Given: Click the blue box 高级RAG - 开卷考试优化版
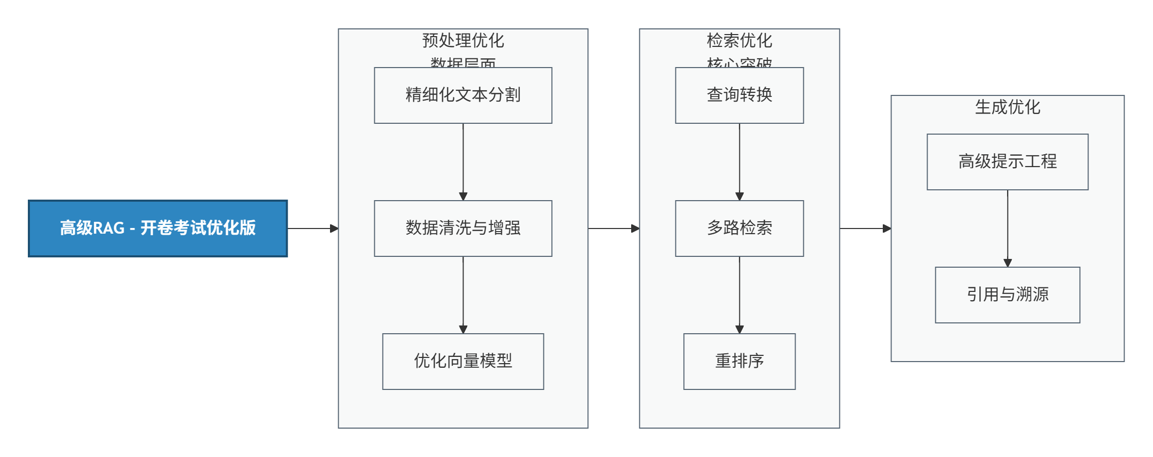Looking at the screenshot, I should click(158, 228).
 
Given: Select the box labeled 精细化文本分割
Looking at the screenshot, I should click(463, 95).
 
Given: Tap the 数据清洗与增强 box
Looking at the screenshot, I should click(463, 228).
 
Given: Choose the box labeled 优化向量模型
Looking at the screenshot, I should click(463, 361).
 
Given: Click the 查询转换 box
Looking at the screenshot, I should click(739, 95).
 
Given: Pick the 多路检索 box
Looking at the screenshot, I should click(739, 228).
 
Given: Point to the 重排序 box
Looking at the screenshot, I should click(739, 361).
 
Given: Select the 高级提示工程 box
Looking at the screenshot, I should click(1007, 161).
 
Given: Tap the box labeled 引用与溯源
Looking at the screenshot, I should click(1007, 295).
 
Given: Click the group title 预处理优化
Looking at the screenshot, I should click(463, 40).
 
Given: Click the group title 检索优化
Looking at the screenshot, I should click(739, 40).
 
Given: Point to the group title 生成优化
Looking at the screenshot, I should click(1007, 107).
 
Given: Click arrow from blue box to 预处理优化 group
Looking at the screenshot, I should click(312, 228).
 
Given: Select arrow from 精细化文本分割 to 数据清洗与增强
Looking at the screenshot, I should click(463, 161).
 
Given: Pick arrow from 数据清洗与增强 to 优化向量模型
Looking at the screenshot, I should click(463, 295).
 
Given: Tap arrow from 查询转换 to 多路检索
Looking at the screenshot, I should click(739, 161).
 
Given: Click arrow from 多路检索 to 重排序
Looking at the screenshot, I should click(739, 295).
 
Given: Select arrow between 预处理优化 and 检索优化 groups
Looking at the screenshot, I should click(613, 228).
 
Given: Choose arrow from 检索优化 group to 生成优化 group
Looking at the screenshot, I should click(865, 228).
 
